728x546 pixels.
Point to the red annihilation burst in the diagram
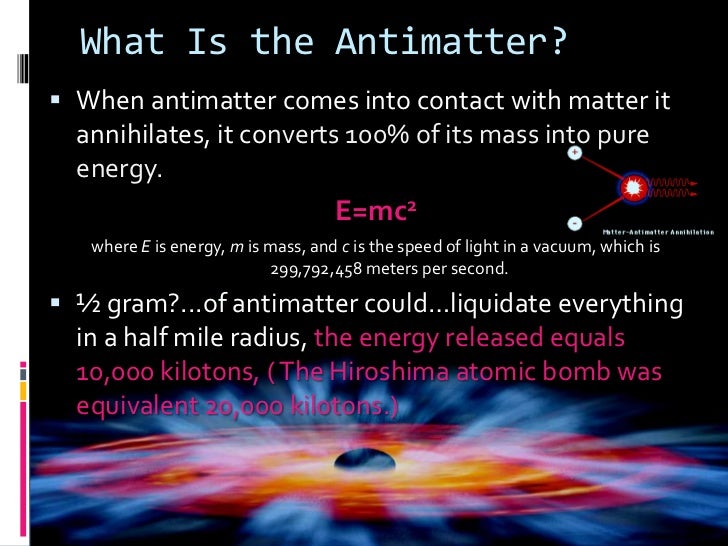coord(632,186)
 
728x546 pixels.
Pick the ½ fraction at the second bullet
coord(89,305)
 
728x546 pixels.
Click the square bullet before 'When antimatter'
coord(57,101)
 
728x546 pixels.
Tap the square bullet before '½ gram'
coord(57,304)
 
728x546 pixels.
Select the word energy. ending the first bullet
coord(118,170)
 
